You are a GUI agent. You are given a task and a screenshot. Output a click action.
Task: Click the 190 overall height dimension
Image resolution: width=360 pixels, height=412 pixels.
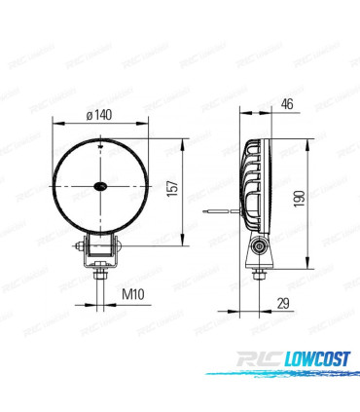pos(301,198)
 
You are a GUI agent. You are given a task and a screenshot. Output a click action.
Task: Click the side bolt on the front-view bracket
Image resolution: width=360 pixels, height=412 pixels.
pos(118,251)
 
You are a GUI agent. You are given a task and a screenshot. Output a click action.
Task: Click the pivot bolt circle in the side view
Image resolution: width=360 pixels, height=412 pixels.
pos(259,250)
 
